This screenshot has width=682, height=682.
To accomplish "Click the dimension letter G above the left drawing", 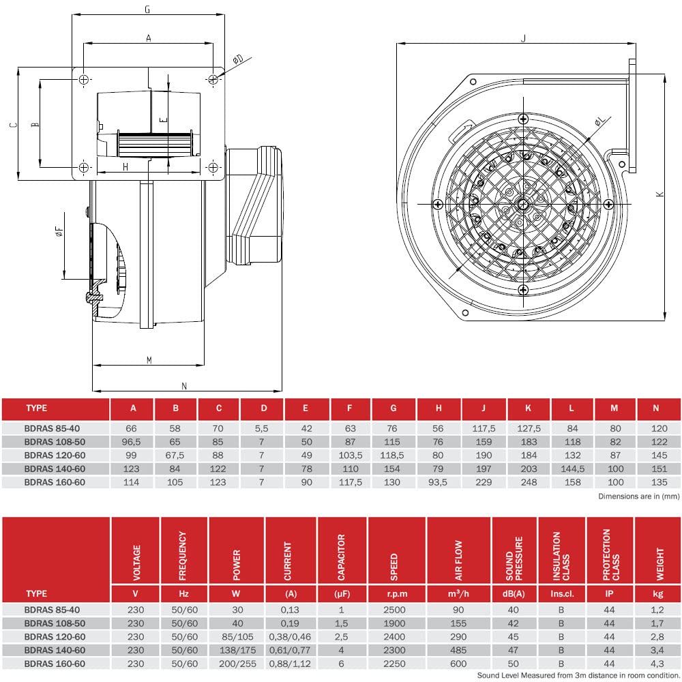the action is (147, 9).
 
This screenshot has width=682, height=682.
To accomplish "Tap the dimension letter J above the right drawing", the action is (523, 38).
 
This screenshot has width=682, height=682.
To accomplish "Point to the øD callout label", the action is (238, 59).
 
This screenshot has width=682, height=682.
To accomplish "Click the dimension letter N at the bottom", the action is (184, 386).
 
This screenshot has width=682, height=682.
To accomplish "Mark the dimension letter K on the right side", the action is (659, 194).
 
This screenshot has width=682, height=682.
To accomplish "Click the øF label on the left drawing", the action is (59, 231).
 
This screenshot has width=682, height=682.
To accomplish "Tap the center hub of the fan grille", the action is (523, 204).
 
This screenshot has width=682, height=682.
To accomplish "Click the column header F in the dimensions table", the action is (350, 408).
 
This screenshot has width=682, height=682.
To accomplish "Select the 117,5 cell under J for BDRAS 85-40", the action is (484, 428).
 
